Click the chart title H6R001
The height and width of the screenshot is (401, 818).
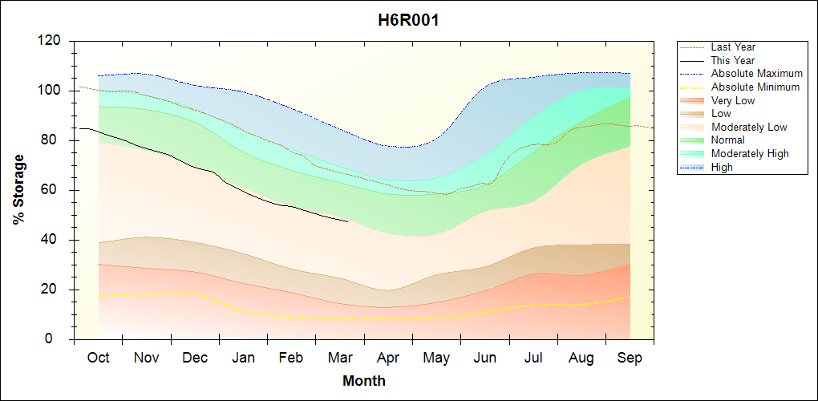click(x=408, y=20)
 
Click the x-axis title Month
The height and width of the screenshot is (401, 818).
click(x=363, y=381)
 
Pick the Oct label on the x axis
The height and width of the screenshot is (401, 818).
click(x=98, y=358)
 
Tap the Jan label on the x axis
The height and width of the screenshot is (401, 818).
click(x=243, y=358)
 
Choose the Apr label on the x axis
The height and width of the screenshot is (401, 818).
click(x=388, y=358)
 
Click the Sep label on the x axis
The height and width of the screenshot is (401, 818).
click(x=630, y=358)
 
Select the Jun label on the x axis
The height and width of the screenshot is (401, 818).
click(x=485, y=358)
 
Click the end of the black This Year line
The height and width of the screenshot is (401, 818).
click(x=347, y=221)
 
